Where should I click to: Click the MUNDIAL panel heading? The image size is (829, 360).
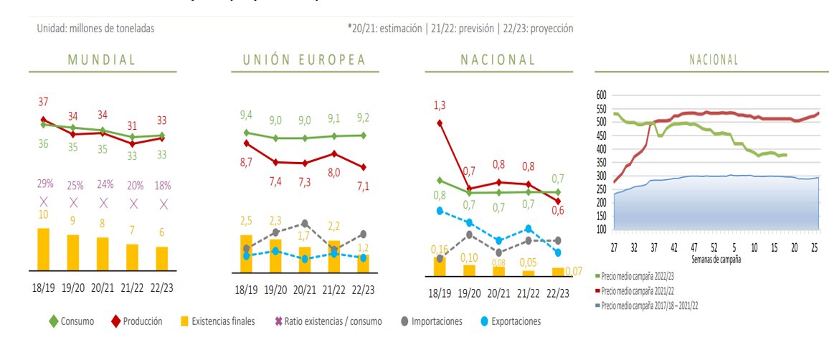(x=102, y=60)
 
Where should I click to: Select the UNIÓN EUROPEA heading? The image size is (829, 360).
(x=298, y=60)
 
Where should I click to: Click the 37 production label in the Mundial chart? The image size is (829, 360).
(x=43, y=103)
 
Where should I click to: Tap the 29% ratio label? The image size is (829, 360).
(x=44, y=185)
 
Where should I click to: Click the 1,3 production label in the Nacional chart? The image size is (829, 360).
(x=440, y=105)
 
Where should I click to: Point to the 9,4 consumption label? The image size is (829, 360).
(x=246, y=115)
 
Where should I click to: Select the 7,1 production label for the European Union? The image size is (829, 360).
(x=364, y=186)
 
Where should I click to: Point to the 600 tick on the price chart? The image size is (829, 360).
(x=601, y=95)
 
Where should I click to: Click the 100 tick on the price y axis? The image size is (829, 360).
(x=601, y=229)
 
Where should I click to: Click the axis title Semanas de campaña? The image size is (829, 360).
(x=716, y=259)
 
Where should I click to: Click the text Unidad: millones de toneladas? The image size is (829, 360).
(x=95, y=28)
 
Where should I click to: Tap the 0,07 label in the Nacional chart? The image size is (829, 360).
(x=572, y=271)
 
